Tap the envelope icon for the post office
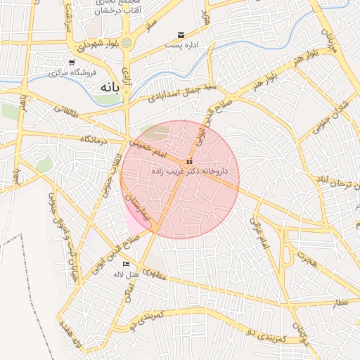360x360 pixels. tap(181, 35)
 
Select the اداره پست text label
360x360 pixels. tap(180, 45)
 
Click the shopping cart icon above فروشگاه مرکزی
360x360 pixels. tap(71, 63)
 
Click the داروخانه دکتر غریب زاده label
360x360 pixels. tap(181, 171)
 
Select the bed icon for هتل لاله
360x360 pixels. tap(127, 264)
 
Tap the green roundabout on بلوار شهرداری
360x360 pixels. tap(127, 44)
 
